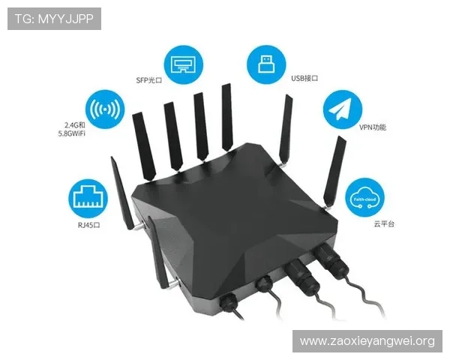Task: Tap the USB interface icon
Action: coord(267,63)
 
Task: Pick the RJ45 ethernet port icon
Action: coord(87,197)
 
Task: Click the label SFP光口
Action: coord(149,79)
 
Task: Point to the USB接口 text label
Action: coord(305,78)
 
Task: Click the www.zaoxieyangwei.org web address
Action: coord(367,341)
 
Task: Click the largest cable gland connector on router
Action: coord(328,259)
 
